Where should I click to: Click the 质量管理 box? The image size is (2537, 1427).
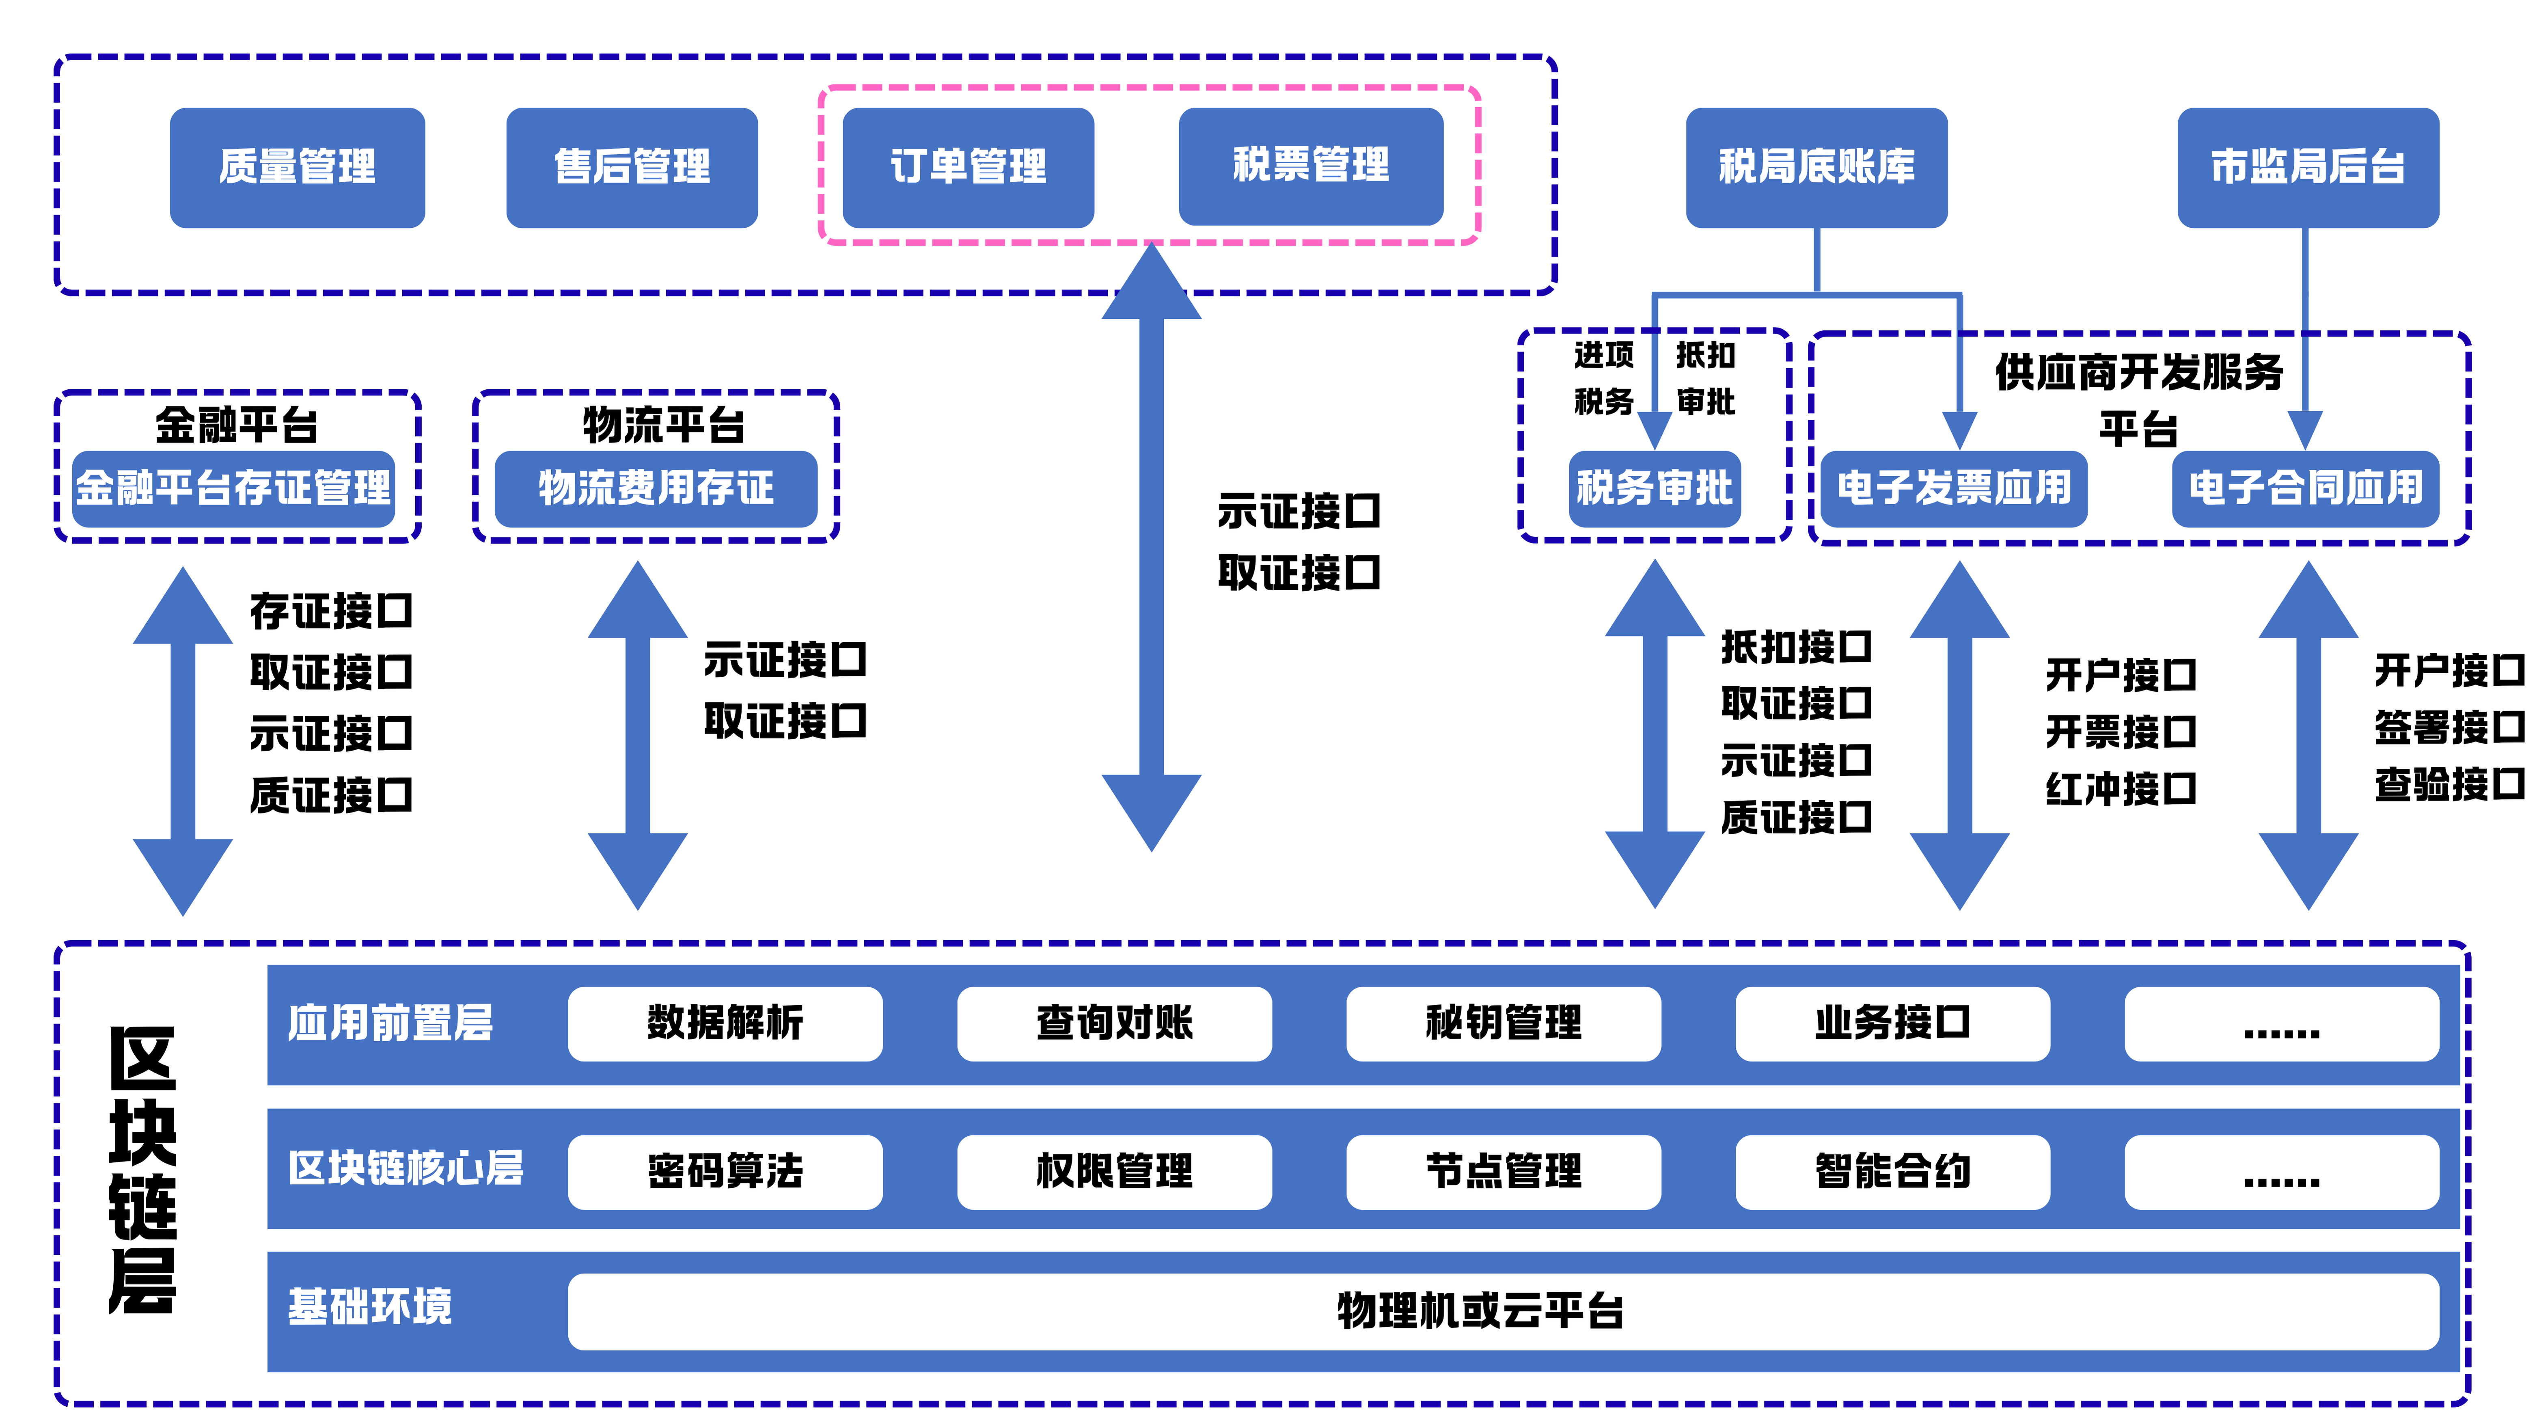coord(298,167)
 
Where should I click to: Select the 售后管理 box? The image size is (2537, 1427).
coord(632,167)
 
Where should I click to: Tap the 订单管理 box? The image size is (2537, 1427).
coord(968,167)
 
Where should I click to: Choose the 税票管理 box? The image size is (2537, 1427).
coord(1311,166)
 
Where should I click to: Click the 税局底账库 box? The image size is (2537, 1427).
coord(1817,167)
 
